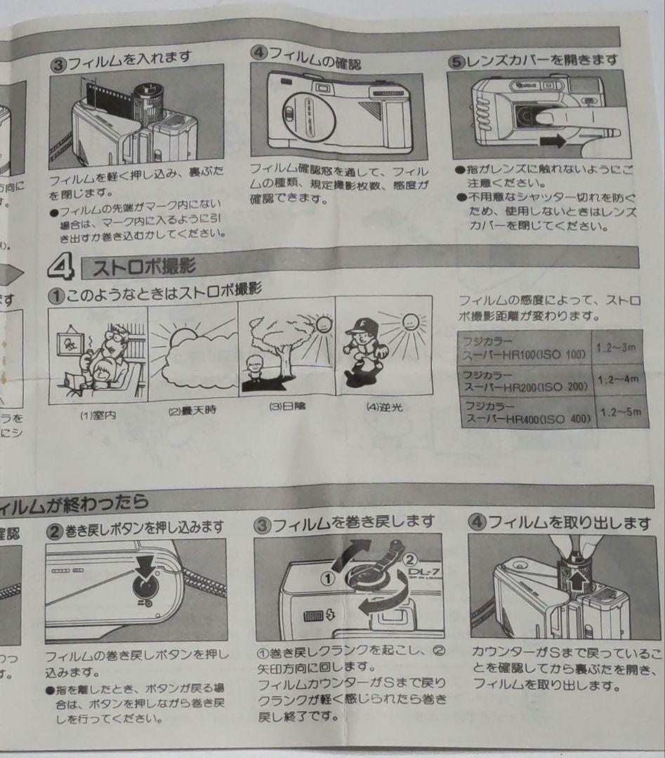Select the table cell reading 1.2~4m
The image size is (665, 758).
tap(619, 379)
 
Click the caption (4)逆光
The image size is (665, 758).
tap(384, 406)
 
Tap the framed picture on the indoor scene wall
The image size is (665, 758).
tap(70, 345)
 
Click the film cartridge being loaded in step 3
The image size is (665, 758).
tap(148, 105)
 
